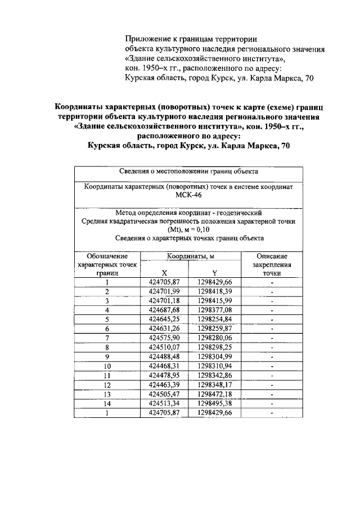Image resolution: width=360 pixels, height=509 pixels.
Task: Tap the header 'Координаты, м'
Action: tap(191, 256)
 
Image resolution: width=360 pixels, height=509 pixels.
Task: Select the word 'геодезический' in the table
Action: tap(238, 213)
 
